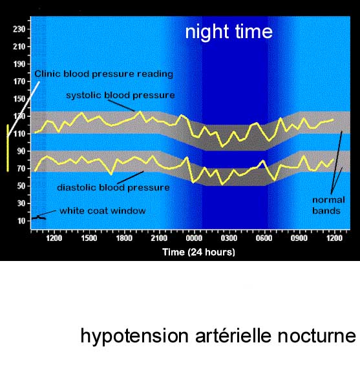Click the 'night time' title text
(x=229, y=32)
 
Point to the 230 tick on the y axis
(x=19, y=29)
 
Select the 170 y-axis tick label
(x=19, y=81)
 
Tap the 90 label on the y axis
(x=21, y=151)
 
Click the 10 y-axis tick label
(x=21, y=221)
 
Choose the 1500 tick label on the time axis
(x=89, y=238)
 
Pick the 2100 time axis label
(x=159, y=238)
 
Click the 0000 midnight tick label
(x=194, y=238)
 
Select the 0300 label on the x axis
(x=229, y=238)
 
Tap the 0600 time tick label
(x=264, y=238)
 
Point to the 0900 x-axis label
(x=299, y=238)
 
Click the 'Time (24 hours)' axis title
(x=198, y=252)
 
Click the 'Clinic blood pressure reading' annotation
(x=104, y=74)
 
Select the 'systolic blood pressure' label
(x=120, y=95)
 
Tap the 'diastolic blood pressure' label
(x=113, y=187)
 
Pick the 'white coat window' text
(x=103, y=211)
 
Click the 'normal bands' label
(x=328, y=205)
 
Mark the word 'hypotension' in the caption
(x=134, y=337)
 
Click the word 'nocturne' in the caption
(x=317, y=336)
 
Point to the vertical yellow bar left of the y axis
(x=8, y=148)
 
